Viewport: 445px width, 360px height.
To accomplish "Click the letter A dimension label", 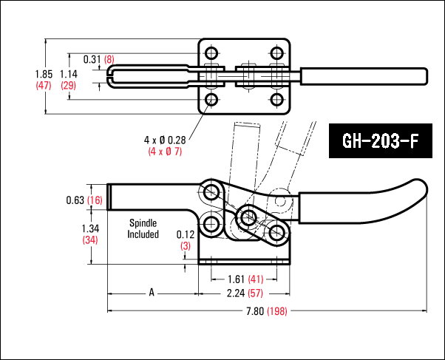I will pos(152,293).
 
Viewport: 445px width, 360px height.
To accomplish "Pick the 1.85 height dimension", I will pos(44,74).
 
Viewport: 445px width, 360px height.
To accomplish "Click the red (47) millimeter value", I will pos(44,86).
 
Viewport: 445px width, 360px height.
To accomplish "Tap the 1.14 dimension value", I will pos(68,74).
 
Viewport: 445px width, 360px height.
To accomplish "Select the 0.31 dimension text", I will pos(92,58).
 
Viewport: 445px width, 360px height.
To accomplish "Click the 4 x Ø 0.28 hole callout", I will pos(164,140).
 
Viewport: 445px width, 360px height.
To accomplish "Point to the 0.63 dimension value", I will pos(74,200).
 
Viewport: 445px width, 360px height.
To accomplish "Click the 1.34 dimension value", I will pos(89,228).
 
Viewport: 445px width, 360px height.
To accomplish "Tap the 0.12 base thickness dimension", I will pos(185,234).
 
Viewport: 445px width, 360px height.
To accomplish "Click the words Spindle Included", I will pos(143,228).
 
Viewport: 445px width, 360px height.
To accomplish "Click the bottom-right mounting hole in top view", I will pos(277,99).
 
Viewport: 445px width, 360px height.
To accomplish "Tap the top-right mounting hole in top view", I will pos(277,53).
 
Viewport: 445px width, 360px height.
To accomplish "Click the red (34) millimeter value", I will pos(89,240).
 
